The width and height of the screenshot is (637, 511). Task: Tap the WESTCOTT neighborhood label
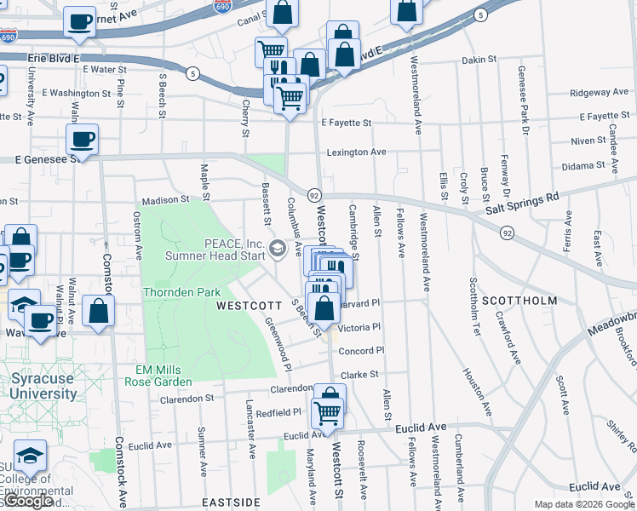point(248,305)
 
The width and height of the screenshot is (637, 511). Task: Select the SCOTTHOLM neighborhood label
point(519,301)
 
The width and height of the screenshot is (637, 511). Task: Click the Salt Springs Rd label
point(522,202)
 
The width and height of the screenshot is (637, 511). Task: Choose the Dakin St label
point(479,60)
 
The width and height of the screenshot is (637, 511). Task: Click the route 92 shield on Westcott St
point(313,195)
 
